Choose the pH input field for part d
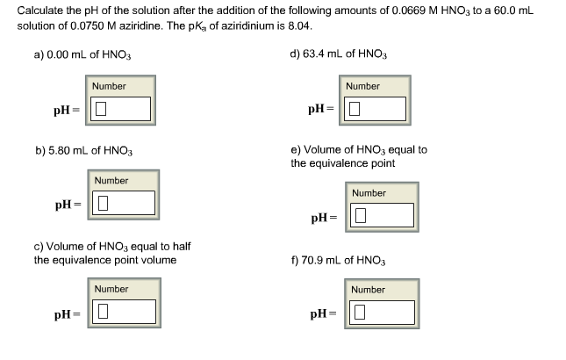[376, 109]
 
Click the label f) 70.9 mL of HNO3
[338, 261]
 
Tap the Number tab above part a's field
[110, 86]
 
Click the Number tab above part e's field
[369, 192]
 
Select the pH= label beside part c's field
[67, 313]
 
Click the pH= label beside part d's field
[321, 110]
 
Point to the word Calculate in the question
[40, 10]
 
